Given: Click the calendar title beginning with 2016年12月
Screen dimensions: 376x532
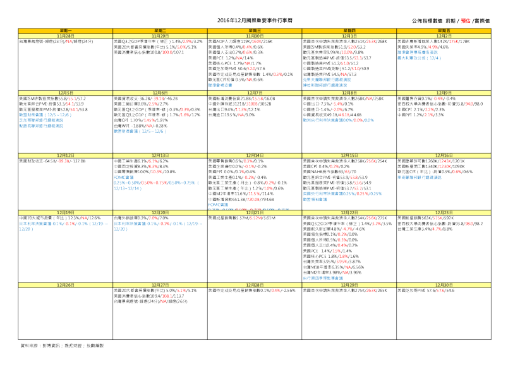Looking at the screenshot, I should point(265,20).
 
